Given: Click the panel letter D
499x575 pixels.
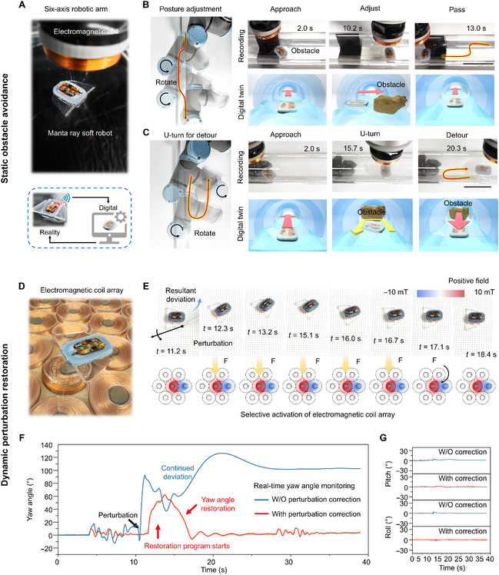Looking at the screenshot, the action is click(22, 286).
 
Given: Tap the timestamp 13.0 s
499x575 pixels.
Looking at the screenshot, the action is click(476, 28).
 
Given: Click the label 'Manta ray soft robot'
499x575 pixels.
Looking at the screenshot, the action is click(80, 133).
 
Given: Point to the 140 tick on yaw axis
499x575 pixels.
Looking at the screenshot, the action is click(47, 445).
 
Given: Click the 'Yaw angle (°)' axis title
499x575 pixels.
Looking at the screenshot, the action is click(30, 499).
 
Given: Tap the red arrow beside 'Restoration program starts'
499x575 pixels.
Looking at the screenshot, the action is click(158, 531).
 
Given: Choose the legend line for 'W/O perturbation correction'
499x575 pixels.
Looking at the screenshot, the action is click(261, 500).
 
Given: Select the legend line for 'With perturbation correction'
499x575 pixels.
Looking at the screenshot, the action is click(261, 514).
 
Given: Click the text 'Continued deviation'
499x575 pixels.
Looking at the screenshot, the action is click(178, 472).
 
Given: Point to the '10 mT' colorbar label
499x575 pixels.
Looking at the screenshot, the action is click(484, 292).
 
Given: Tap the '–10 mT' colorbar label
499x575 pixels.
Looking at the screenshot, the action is click(395, 292).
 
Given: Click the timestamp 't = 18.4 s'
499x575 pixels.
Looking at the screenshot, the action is click(481, 354).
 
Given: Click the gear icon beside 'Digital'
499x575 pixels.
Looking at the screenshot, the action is click(121, 217).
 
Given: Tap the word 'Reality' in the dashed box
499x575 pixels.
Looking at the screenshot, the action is click(49, 232).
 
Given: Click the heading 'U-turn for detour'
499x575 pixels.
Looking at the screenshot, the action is click(190, 135).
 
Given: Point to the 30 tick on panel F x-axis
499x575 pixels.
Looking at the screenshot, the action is click(289, 562).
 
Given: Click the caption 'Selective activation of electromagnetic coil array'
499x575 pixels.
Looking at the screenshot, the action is click(318, 414).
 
